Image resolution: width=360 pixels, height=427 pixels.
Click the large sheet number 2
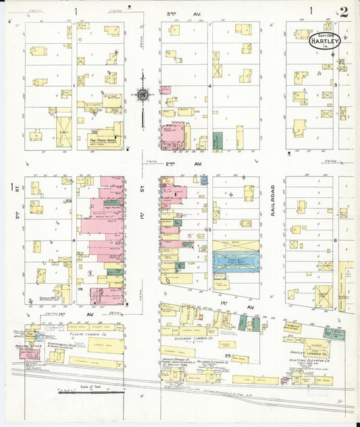pos(345,11)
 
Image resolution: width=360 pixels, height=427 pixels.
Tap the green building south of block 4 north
pos(218,141)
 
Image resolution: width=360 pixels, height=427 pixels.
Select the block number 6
pos(335,240)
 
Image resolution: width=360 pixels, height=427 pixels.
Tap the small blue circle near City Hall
pos(39,336)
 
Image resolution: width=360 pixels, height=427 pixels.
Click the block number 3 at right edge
pos(335,84)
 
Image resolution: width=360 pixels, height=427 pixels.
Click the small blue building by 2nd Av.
pos(204,180)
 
